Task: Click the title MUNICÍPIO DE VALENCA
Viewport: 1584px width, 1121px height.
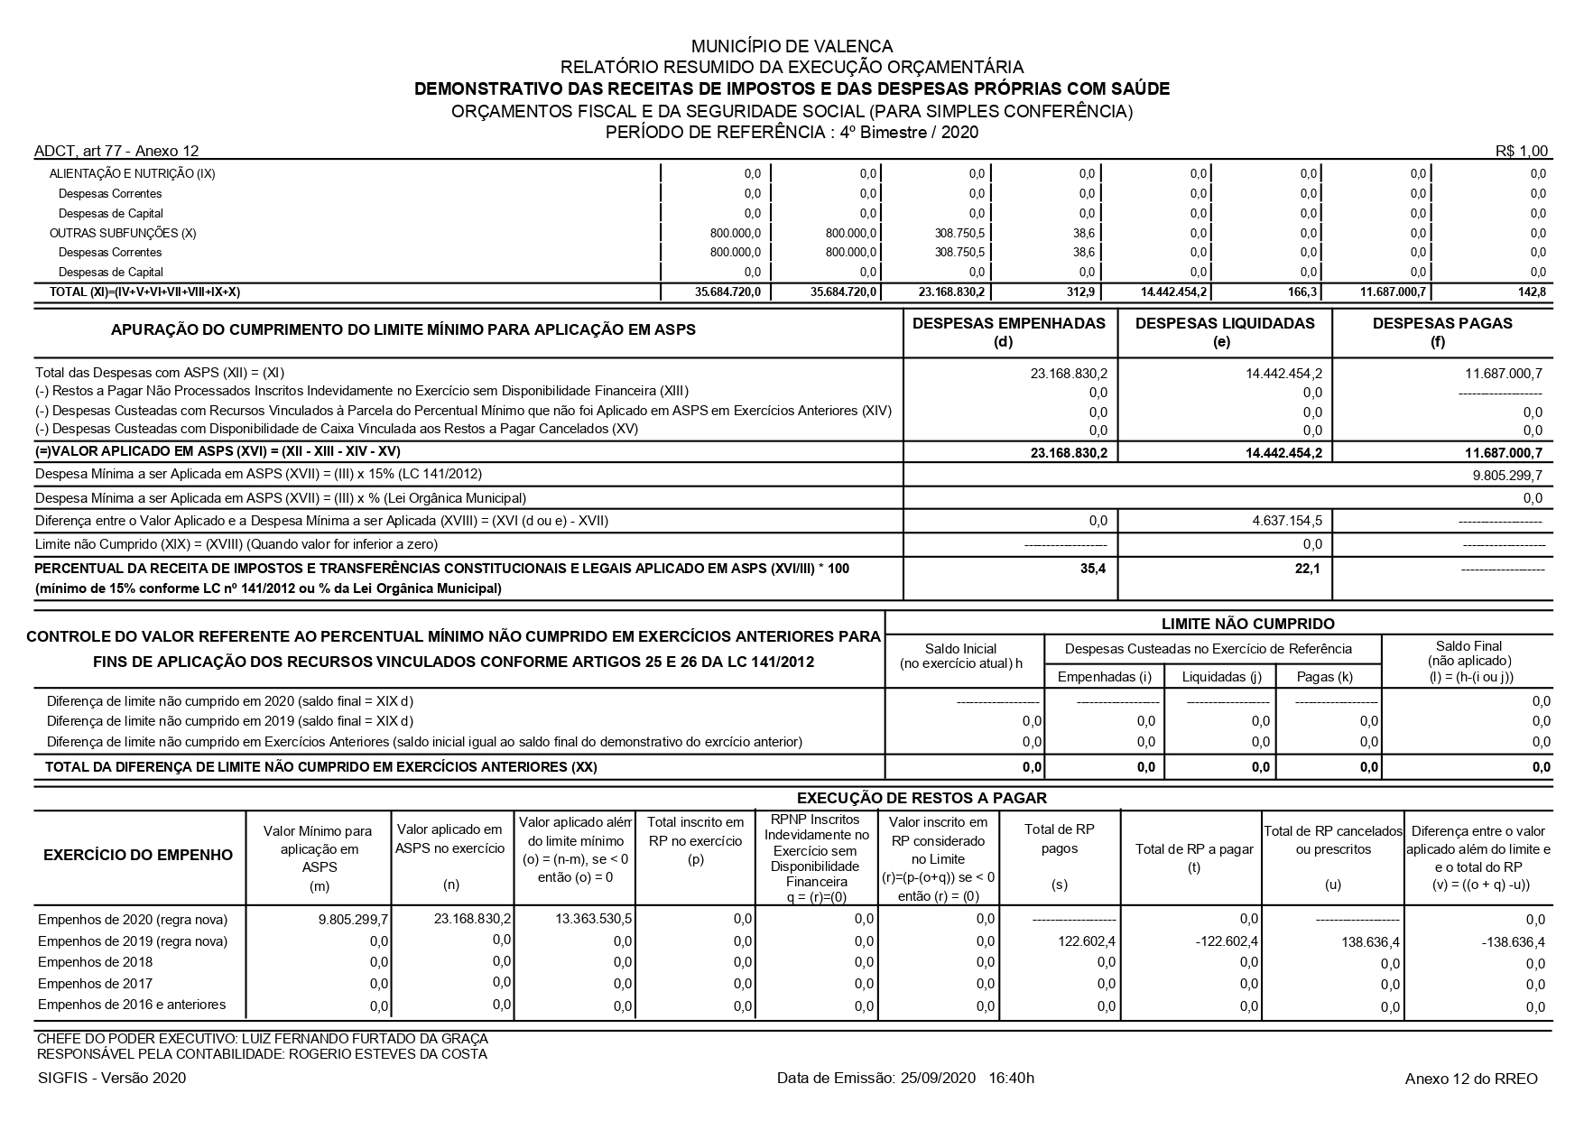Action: tap(792, 46)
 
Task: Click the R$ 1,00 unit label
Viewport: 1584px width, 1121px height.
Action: tap(1521, 151)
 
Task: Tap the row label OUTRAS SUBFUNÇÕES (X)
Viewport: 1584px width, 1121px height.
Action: tap(123, 233)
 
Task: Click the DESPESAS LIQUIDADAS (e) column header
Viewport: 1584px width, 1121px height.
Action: tap(1225, 331)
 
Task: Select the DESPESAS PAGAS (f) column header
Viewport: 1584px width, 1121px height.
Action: tap(1441, 331)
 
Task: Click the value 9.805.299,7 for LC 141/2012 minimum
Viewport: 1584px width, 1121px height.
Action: tap(1507, 475)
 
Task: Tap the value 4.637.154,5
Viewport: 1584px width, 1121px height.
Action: tap(1287, 521)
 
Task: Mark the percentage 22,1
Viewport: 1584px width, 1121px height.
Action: tap(1310, 569)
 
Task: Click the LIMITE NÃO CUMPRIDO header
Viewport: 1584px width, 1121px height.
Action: tap(1247, 624)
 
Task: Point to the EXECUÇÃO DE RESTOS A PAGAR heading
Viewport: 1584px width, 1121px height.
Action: tap(922, 798)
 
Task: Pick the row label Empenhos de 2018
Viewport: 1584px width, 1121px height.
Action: tap(95, 962)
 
